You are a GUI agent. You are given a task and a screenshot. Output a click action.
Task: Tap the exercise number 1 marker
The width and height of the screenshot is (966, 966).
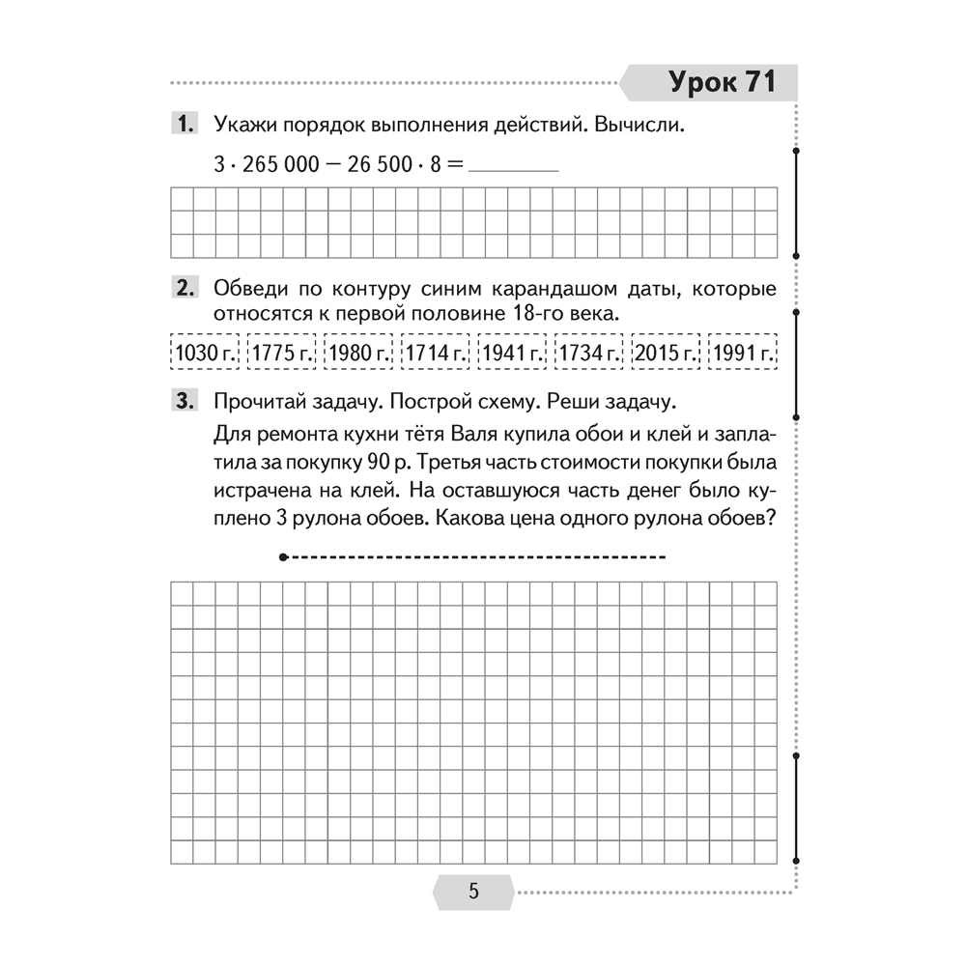(x=184, y=126)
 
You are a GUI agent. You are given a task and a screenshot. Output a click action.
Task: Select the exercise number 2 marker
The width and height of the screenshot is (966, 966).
(x=184, y=290)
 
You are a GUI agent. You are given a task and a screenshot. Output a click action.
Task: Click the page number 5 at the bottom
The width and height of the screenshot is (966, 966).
(x=473, y=891)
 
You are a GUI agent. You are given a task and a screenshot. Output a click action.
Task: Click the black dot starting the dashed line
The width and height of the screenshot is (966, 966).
(x=282, y=557)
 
